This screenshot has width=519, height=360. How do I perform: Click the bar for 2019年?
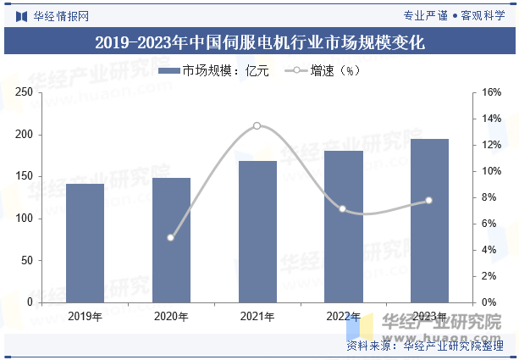point(85,243)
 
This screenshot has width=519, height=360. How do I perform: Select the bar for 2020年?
point(171,240)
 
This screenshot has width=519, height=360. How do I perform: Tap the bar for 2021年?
point(257,231)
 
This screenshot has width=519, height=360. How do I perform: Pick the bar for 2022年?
point(343,226)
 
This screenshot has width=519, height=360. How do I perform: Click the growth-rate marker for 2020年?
point(170,237)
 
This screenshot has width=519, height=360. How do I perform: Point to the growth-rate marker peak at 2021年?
point(257,125)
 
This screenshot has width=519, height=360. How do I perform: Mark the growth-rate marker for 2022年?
point(343,208)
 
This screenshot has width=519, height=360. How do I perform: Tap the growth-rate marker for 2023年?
point(428,200)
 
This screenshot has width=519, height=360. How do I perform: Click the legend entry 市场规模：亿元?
point(215,71)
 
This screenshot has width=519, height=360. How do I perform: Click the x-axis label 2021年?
point(257,317)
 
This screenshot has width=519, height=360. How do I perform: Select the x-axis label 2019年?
point(85,317)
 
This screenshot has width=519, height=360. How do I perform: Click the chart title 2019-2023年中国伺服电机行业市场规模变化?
point(259,42)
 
